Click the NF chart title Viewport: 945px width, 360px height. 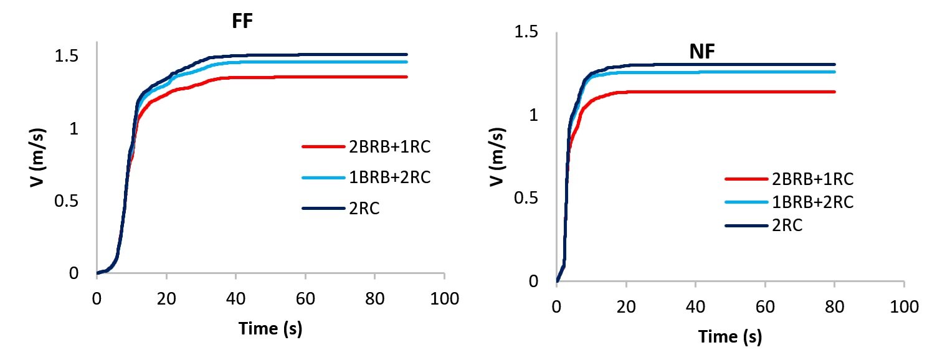click(701, 54)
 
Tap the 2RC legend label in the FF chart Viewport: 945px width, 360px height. click(364, 209)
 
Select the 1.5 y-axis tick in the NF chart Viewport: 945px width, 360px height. click(526, 32)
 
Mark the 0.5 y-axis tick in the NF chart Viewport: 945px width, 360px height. click(526, 199)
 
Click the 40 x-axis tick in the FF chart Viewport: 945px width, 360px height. click(236, 298)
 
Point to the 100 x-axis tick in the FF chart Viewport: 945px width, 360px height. click(444, 298)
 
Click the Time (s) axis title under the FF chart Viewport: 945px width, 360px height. click(270, 328)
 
